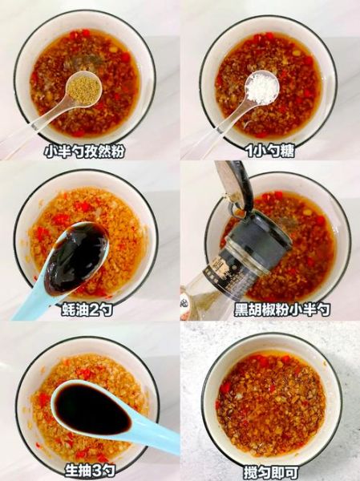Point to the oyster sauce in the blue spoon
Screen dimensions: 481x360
pos(77,257)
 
